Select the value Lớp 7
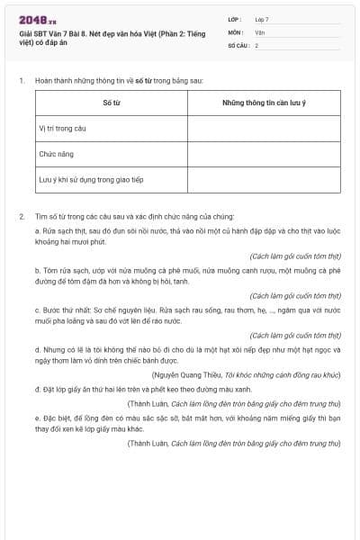tap(262, 18)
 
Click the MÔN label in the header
tap(235, 31)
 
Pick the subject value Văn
tap(260, 31)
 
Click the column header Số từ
tap(112, 103)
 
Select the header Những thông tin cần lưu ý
tap(264, 103)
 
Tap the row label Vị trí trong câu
tap(62, 129)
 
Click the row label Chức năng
tap(55, 154)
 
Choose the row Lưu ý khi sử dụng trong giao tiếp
tap(90, 179)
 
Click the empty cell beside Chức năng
tap(264, 154)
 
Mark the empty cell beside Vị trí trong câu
tap(264, 129)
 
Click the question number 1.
tap(21, 81)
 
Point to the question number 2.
tap(21, 217)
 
